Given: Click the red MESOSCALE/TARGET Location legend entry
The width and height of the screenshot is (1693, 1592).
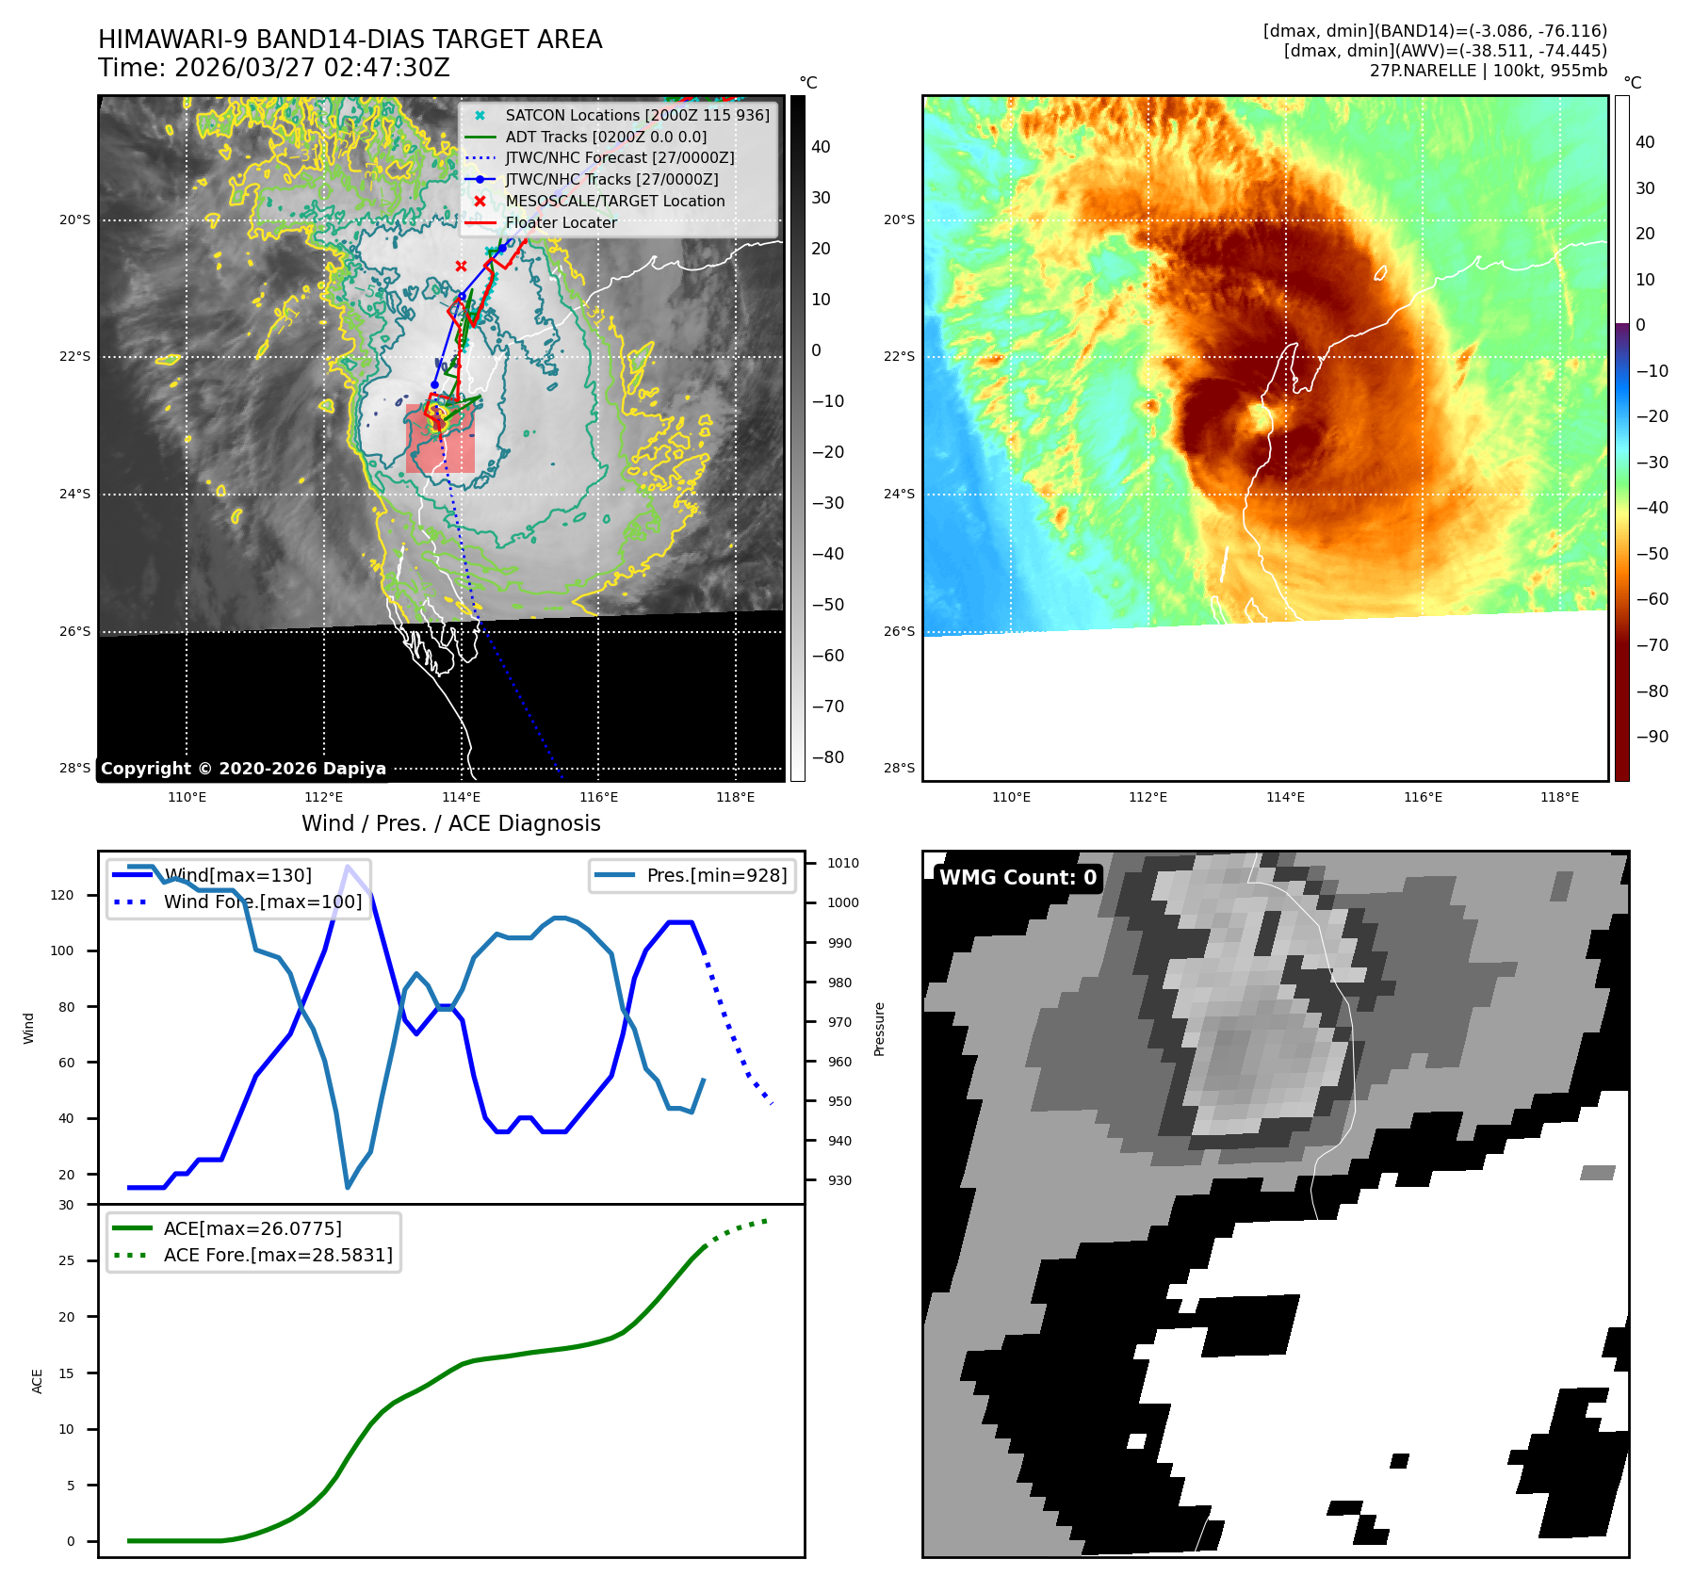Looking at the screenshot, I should (614, 201).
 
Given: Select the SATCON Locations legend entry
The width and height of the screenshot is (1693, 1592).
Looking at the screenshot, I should (637, 115).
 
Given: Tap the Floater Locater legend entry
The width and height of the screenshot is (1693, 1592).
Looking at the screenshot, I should (561, 222).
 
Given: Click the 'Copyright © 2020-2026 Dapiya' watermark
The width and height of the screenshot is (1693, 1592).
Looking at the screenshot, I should (243, 769).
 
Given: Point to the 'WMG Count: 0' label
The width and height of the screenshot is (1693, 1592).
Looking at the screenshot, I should (1017, 878).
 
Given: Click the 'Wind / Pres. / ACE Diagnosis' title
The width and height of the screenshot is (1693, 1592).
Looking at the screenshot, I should (450, 823).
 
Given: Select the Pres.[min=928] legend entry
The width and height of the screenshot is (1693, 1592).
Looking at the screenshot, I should (716, 875).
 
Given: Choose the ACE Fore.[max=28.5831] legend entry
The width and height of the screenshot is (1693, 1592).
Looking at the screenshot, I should (277, 1255).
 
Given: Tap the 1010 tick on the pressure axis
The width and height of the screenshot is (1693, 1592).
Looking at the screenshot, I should (842, 863).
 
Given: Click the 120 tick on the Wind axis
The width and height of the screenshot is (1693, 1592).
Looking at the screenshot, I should (62, 895).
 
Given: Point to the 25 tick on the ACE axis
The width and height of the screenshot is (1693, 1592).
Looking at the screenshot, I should (66, 1260).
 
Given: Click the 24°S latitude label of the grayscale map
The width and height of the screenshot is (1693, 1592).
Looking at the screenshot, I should (75, 494).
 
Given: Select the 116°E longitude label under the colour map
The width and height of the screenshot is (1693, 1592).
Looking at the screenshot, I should (1423, 797).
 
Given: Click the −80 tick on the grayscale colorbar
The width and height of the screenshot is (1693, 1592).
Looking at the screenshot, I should (828, 757).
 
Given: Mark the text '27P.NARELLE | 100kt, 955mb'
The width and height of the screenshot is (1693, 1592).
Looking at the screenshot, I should (1488, 71).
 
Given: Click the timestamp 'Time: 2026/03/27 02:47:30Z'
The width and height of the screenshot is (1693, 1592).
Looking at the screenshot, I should (273, 68).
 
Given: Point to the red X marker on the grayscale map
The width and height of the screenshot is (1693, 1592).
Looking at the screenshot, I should (461, 267).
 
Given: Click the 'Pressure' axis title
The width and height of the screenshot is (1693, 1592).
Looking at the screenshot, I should (879, 1029).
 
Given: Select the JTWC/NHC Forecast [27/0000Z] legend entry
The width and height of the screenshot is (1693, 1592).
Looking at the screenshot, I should (619, 158).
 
